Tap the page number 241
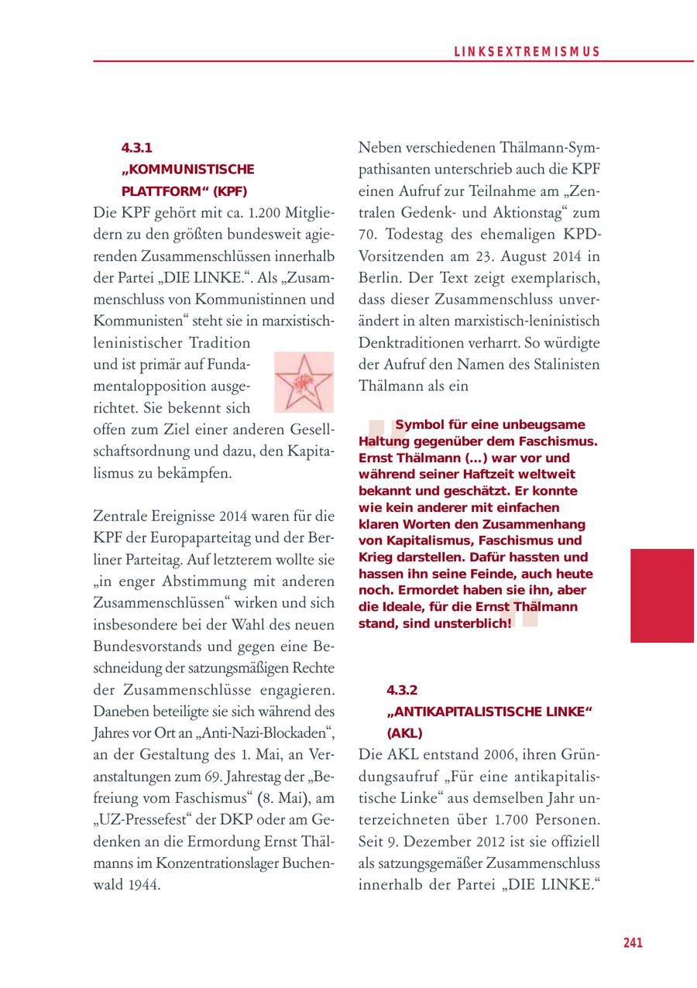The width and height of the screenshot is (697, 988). (x=633, y=942)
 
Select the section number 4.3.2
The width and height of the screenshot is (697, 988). (x=402, y=690)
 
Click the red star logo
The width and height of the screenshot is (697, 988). (x=303, y=383)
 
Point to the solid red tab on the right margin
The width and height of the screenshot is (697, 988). (x=661, y=595)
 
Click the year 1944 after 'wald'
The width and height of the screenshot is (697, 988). (x=143, y=884)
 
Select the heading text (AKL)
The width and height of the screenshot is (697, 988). (x=404, y=732)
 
